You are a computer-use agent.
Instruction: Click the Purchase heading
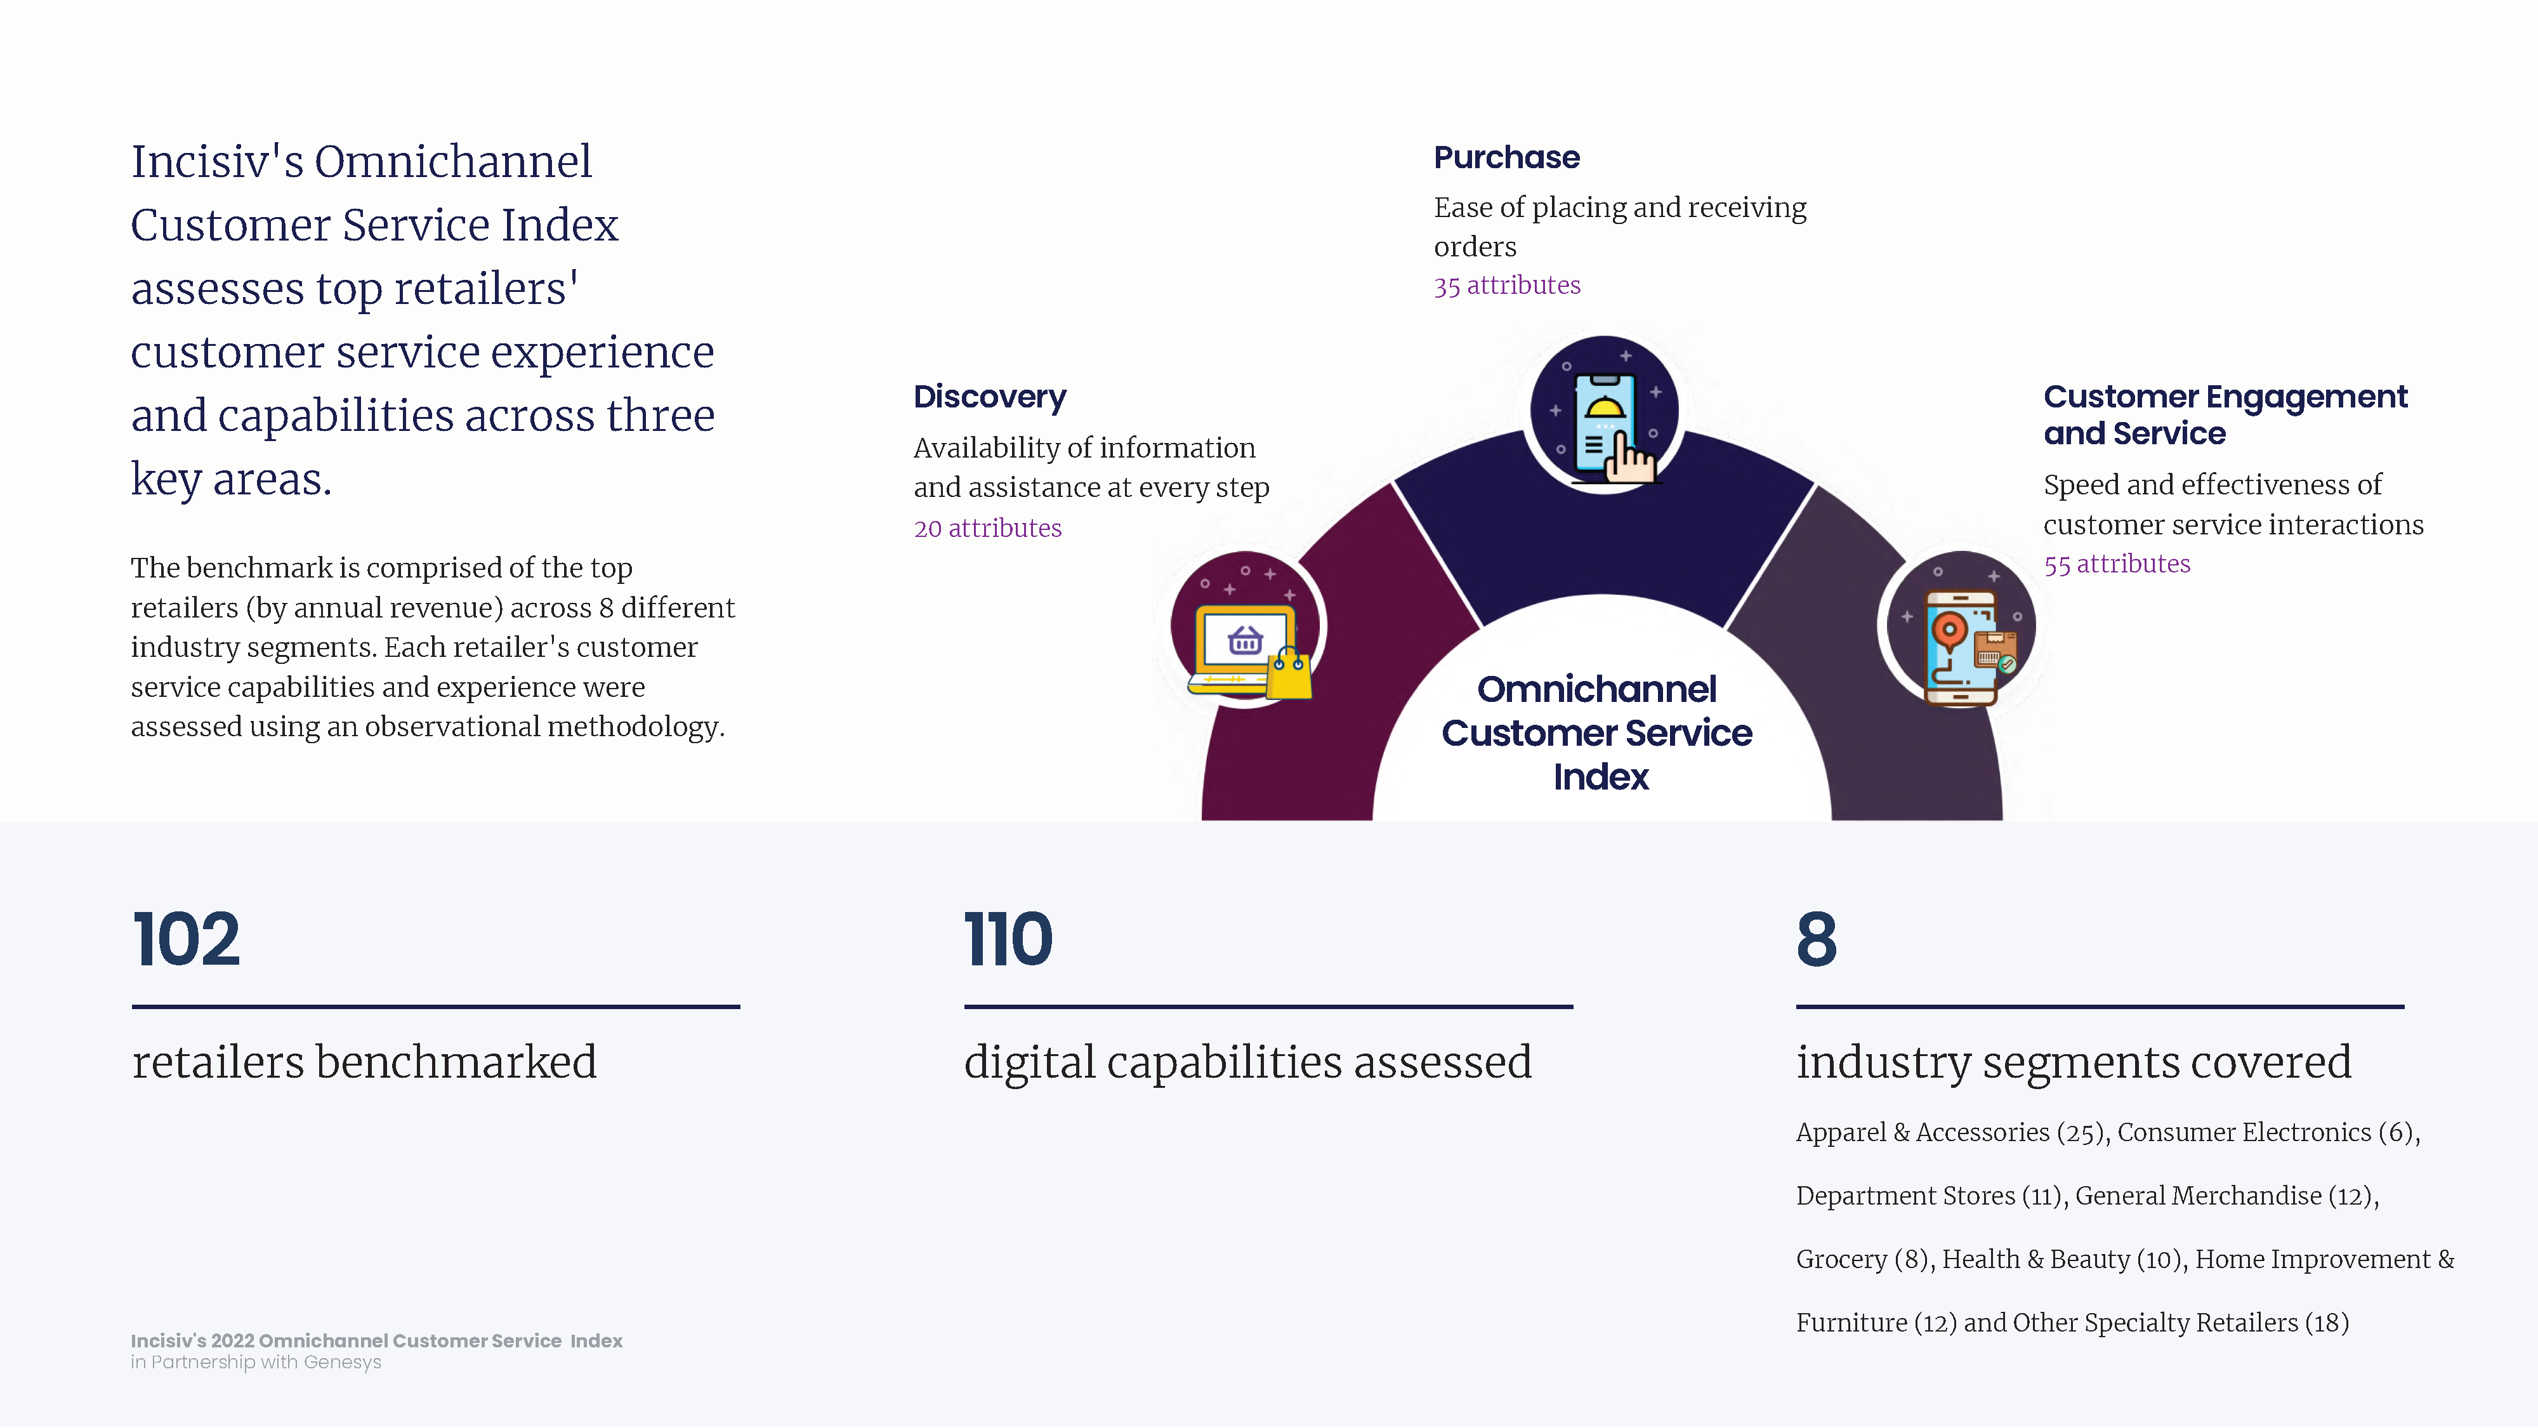coord(1506,157)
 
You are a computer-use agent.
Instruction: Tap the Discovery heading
coord(989,397)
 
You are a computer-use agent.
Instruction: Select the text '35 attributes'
coord(1506,286)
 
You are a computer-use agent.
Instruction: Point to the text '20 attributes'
coord(987,528)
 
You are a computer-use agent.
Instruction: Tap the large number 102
coord(186,939)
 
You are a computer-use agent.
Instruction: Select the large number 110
coord(1008,939)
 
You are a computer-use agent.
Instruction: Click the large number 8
coord(1816,939)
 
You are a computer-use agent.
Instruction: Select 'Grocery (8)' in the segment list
coord(1861,1259)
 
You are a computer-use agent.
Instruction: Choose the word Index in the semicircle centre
coord(1601,777)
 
